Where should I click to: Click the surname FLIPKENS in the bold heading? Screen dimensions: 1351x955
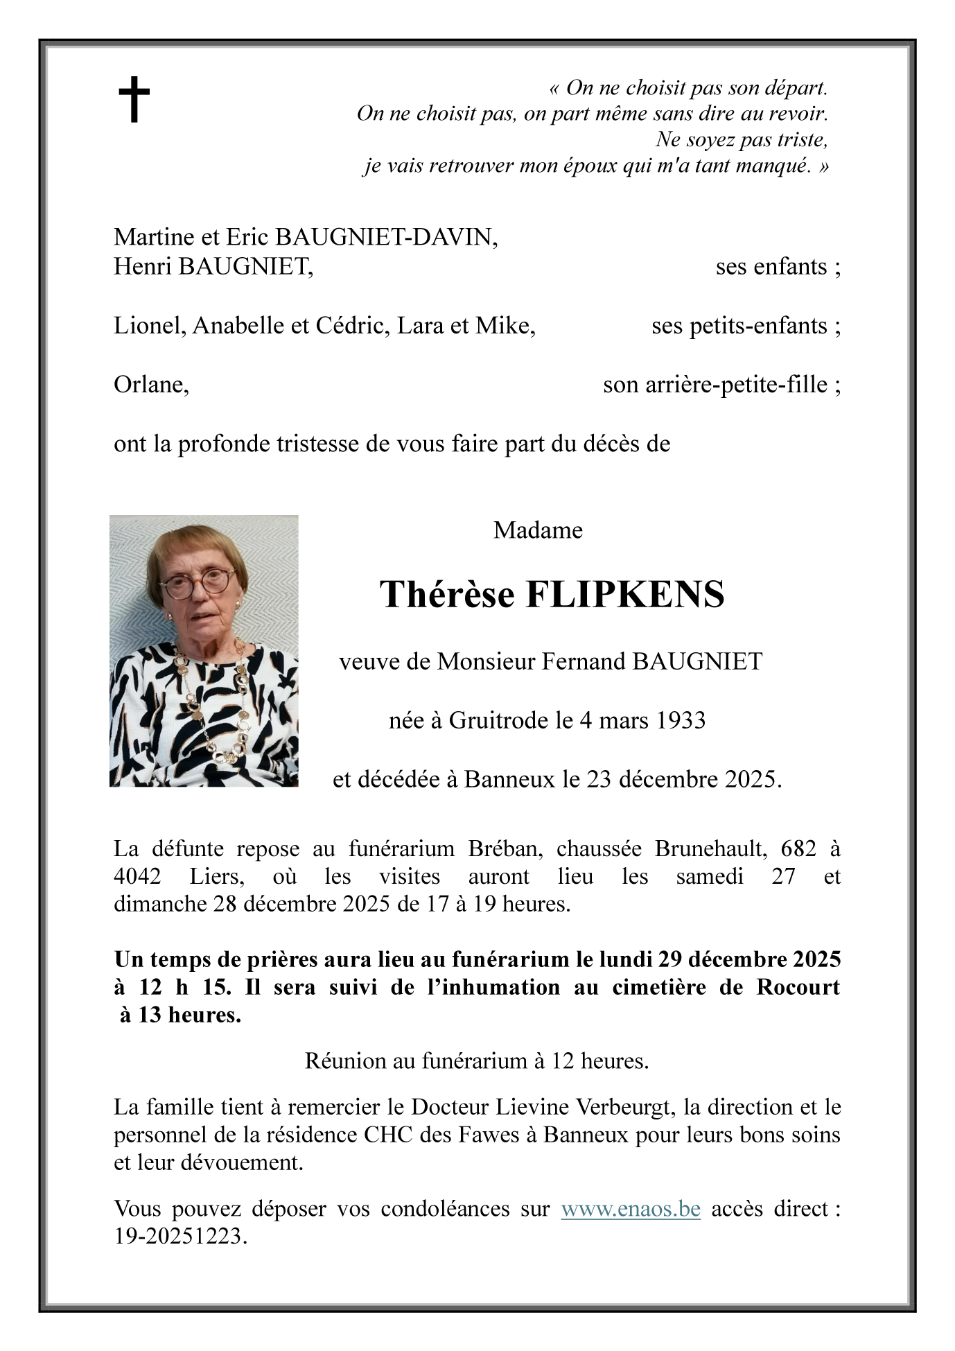(x=624, y=595)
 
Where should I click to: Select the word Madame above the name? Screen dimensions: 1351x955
(x=538, y=530)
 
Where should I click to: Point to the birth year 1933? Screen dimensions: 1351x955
(x=681, y=721)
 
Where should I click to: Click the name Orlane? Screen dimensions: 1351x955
(x=151, y=385)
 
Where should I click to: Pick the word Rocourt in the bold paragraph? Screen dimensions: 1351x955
(x=798, y=986)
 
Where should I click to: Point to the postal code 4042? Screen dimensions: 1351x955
(x=137, y=876)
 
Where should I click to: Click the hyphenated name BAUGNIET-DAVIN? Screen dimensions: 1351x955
(x=386, y=237)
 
